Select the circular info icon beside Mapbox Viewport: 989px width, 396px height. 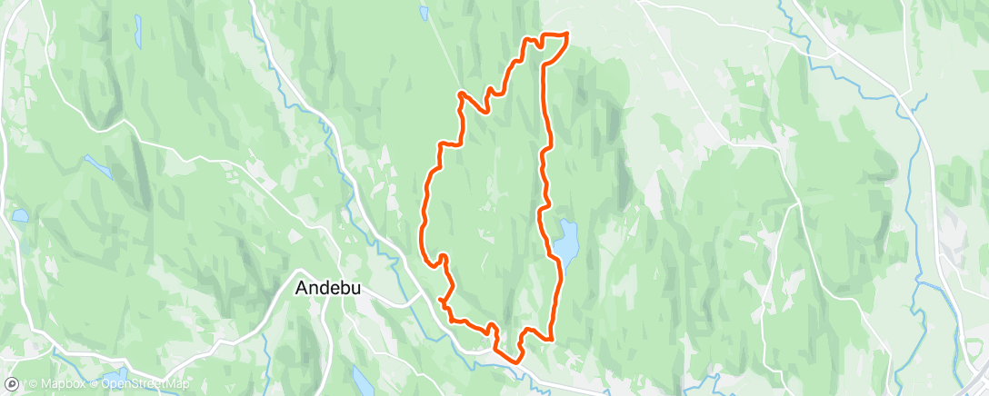[12, 383]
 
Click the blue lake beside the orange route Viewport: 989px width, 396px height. [567, 240]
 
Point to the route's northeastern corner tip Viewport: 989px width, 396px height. [567, 34]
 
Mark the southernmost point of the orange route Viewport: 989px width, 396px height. [517, 361]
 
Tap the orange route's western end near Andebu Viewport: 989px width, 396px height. [440, 299]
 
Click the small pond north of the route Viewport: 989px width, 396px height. [424, 14]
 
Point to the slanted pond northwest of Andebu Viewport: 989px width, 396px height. [96, 165]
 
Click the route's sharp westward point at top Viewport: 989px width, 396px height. [460, 93]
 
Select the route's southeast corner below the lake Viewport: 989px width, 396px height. [551, 338]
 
